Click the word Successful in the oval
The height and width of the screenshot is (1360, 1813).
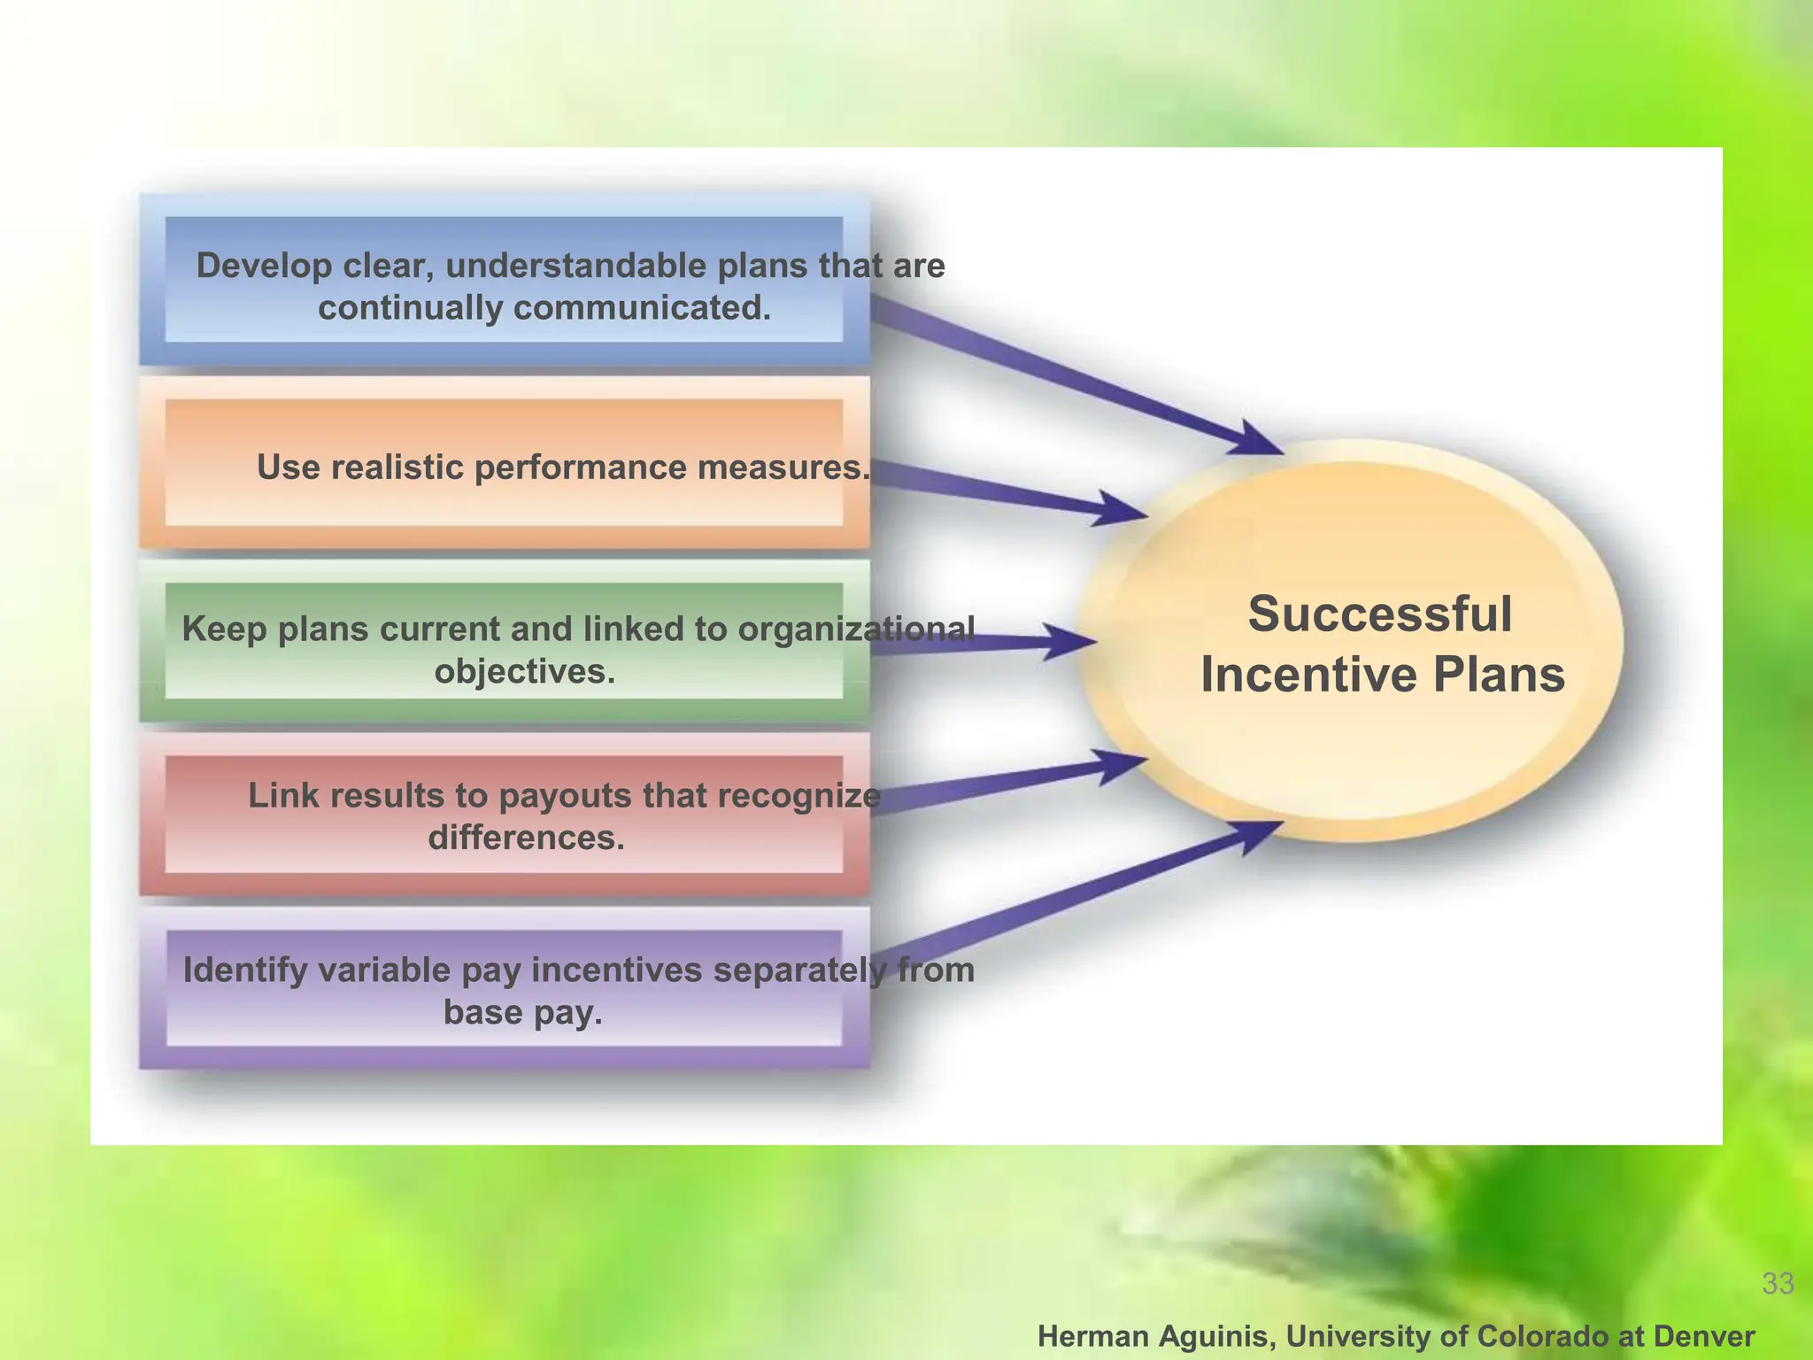[x=1379, y=614]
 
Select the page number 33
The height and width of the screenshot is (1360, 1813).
[x=1778, y=1283]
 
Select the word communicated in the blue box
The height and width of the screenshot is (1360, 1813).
[x=642, y=308]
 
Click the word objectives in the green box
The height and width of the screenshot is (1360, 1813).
[x=524, y=671]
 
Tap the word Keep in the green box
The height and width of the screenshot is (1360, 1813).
[x=224, y=629]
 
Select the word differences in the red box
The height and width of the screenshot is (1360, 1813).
[x=526, y=838]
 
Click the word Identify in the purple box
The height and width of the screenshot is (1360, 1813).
[x=243, y=970]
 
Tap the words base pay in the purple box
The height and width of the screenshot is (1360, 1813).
[x=522, y=1012]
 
